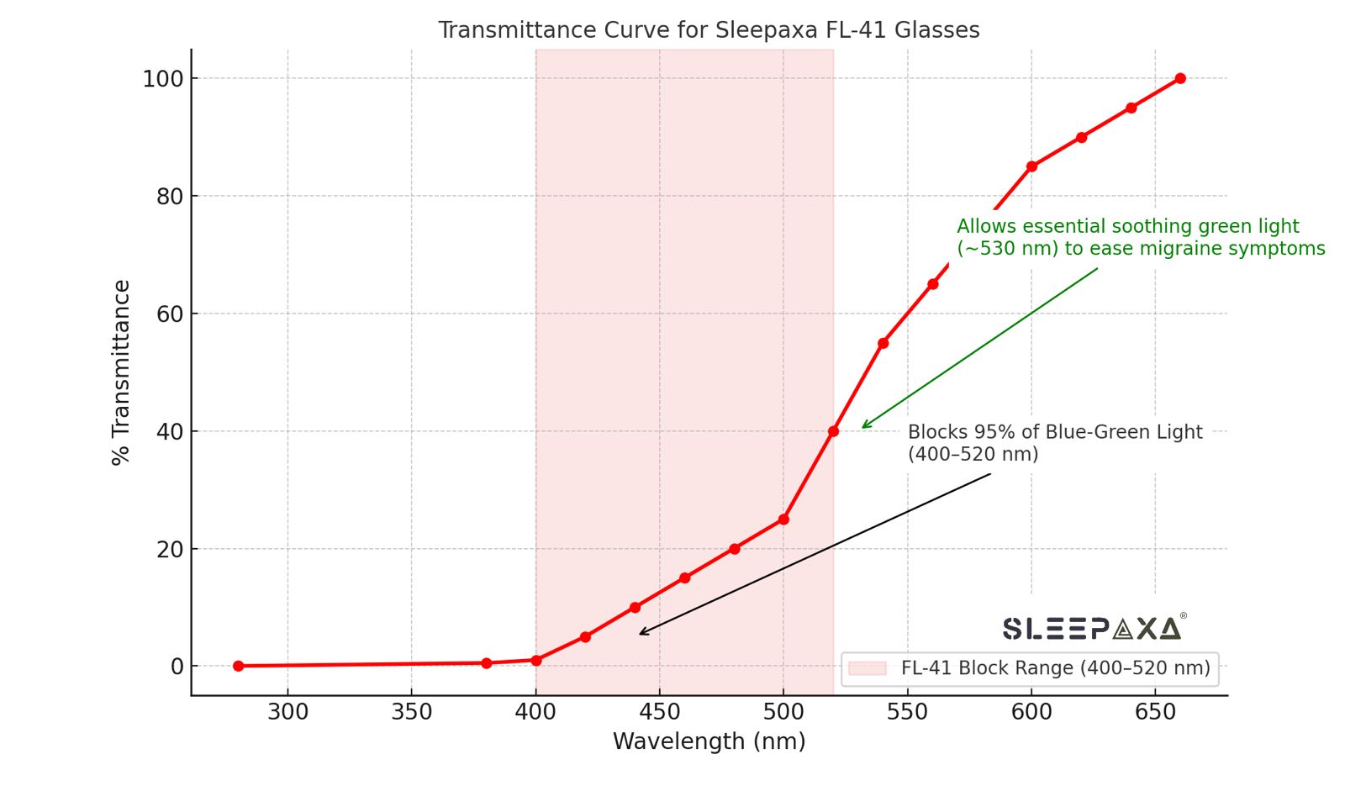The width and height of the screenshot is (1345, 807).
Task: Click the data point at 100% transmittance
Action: point(1180,78)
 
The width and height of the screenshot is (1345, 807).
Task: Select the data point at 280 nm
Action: point(239,666)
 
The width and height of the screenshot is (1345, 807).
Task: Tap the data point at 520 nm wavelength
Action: point(833,431)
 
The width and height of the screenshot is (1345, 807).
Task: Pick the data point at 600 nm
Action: point(1031,166)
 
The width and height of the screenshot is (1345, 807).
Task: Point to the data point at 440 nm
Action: point(635,607)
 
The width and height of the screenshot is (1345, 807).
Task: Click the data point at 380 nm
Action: point(486,663)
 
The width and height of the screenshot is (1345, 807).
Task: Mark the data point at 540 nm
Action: point(883,343)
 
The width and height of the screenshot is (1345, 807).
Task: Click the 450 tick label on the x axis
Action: point(659,712)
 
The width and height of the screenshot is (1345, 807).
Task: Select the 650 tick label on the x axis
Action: point(1155,712)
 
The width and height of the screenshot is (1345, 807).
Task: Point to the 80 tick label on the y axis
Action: point(169,197)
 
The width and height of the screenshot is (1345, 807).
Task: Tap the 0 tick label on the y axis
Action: point(177,667)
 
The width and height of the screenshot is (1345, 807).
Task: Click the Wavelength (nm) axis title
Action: point(709,741)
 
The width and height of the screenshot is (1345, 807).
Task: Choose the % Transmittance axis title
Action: point(121,372)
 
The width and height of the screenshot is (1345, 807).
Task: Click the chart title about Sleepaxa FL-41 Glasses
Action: point(709,30)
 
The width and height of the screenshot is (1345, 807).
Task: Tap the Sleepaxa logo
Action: point(1093,628)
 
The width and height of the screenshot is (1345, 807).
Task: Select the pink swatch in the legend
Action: point(868,668)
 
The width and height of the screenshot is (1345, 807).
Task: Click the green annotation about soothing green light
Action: point(1140,238)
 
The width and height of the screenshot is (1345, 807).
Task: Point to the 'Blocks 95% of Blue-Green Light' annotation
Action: point(1054,443)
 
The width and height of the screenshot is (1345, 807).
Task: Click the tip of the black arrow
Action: point(640,634)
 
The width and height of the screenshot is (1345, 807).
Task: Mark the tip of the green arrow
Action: point(862,428)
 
